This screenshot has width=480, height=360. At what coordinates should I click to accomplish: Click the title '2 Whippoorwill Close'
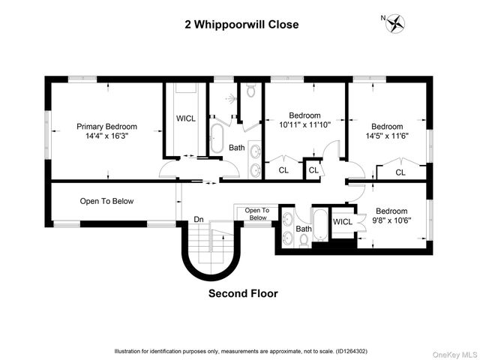click(x=241, y=24)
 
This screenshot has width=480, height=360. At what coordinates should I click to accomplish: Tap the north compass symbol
click(x=394, y=24)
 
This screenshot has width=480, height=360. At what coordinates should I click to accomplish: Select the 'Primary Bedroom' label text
click(x=107, y=127)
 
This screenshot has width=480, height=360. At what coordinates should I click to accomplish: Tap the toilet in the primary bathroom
click(x=250, y=91)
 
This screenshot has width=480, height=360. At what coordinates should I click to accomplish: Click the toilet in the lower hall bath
click(x=304, y=239)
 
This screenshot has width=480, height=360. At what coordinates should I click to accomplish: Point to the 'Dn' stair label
click(x=199, y=219)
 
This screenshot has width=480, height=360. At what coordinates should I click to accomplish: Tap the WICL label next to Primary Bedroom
click(x=185, y=118)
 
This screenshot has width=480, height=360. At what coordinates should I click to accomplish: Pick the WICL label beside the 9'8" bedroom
click(x=343, y=222)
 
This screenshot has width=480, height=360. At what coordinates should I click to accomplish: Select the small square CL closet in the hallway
click(x=313, y=170)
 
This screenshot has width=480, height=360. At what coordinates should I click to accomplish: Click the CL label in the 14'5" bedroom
click(x=400, y=172)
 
